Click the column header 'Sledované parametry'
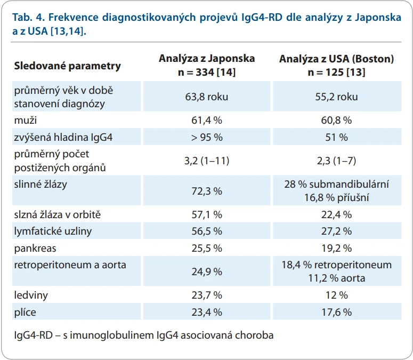click(x=68, y=66)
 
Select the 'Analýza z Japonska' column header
click(x=207, y=59)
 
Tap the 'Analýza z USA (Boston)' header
click(x=337, y=59)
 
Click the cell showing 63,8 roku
click(x=207, y=97)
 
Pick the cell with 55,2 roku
click(x=337, y=97)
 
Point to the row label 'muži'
click(x=25, y=120)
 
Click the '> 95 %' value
click(x=207, y=137)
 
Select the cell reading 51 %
click(x=337, y=137)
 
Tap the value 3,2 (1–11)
click(x=207, y=161)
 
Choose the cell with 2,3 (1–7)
click(x=337, y=161)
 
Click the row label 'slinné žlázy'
click(x=41, y=184)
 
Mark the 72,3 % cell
click(x=207, y=191)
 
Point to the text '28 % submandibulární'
click(x=337, y=184)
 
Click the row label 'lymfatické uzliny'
click(x=53, y=231)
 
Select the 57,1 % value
click(x=207, y=215)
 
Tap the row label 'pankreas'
click(x=35, y=249)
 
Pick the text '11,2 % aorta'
click(x=337, y=278)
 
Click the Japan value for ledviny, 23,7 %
click(x=207, y=295)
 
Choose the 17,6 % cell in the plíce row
click(x=337, y=313)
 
